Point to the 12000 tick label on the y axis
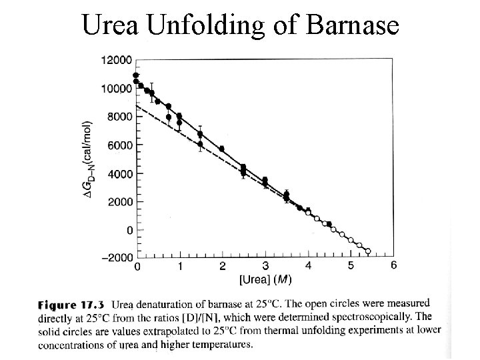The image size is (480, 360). point(116,60)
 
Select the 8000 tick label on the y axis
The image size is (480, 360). point(119,117)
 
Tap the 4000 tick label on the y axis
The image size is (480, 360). point(119,174)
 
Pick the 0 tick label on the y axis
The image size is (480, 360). point(130,230)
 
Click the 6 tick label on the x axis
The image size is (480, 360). point(393,265)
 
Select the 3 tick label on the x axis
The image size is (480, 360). point(265,265)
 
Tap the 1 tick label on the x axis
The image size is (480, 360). point(180,265)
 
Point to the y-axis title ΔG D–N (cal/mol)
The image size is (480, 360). point(87,160)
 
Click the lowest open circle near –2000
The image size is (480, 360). point(367,251)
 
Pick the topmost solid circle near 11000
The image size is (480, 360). point(136,75)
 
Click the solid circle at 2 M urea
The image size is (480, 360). point(222,149)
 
